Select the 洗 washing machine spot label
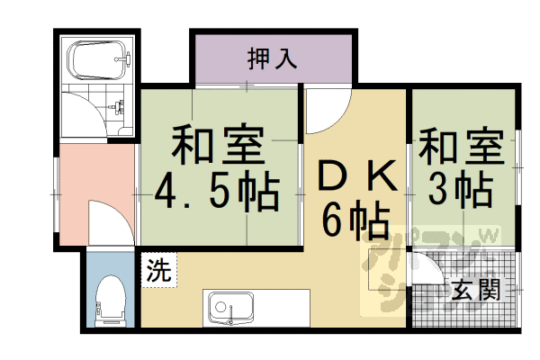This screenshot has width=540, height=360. [x=158, y=269]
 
